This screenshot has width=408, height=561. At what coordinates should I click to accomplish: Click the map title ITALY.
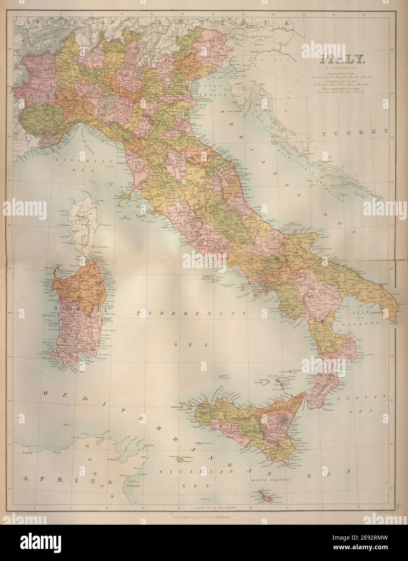[337, 59]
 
